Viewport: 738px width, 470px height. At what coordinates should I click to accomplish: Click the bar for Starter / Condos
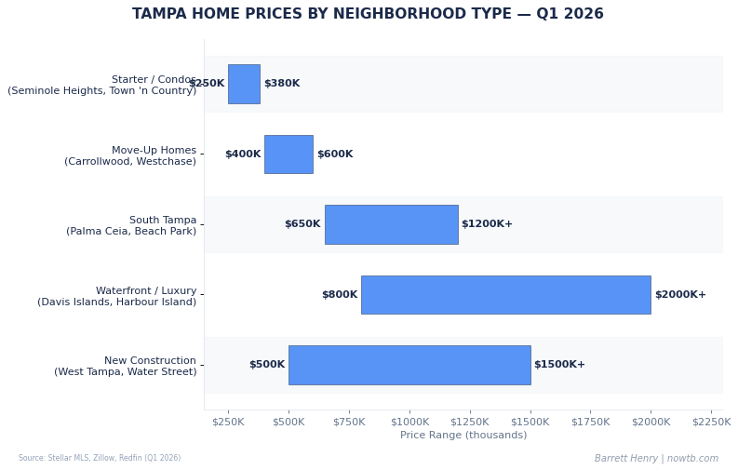click(x=244, y=84)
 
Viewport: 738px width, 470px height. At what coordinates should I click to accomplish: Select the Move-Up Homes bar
click(x=288, y=154)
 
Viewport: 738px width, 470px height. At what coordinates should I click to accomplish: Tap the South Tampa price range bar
click(x=391, y=224)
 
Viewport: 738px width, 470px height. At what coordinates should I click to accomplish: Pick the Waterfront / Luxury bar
click(x=505, y=295)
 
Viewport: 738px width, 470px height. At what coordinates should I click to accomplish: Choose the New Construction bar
click(x=409, y=365)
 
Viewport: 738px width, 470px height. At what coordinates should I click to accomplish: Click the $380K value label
click(x=282, y=84)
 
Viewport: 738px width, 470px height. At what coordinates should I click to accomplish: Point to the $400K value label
click(x=243, y=154)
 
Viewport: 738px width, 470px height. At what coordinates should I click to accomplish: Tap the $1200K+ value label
click(x=487, y=224)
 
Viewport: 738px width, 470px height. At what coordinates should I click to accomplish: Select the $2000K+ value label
click(x=680, y=295)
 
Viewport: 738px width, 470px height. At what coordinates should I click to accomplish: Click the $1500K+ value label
click(x=559, y=365)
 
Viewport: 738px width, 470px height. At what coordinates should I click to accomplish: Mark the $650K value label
click(x=302, y=224)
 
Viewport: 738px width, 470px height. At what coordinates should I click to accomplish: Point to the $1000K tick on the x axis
click(x=409, y=422)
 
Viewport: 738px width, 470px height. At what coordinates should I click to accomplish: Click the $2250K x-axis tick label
click(x=711, y=422)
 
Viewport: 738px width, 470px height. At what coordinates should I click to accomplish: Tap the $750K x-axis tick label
click(x=349, y=422)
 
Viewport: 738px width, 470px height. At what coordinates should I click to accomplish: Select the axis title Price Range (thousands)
click(x=463, y=436)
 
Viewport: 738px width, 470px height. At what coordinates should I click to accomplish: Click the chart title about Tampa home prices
click(x=368, y=15)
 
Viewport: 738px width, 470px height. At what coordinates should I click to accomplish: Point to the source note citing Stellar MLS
click(x=100, y=459)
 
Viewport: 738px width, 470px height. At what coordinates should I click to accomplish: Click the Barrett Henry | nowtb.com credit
click(x=656, y=459)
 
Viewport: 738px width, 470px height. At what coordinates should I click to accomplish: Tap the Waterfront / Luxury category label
click(x=117, y=296)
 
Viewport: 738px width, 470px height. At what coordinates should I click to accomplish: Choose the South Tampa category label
click(x=131, y=226)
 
